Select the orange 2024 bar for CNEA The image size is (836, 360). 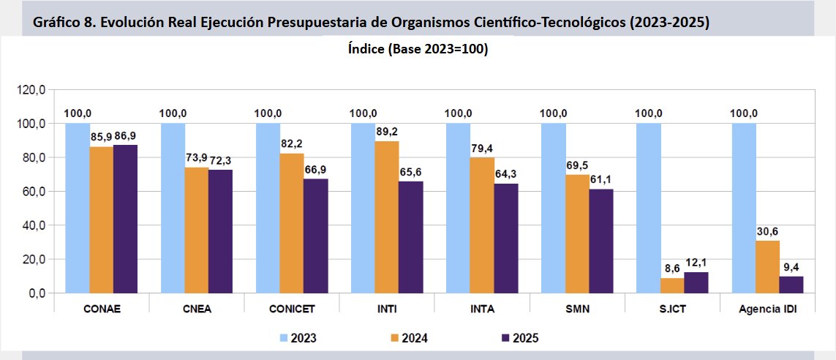pyautogui.click(x=196, y=230)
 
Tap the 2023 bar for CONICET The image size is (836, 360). pyautogui.click(x=268, y=208)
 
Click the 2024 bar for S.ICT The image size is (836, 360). pyautogui.click(x=672, y=285)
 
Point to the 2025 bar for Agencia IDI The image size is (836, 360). pyautogui.click(x=791, y=285)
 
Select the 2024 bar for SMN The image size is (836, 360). pyautogui.click(x=577, y=233)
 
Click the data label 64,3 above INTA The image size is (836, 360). pyautogui.click(x=506, y=173)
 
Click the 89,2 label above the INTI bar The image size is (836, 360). pyautogui.click(x=387, y=131)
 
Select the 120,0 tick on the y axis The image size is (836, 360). pyautogui.click(x=32, y=90)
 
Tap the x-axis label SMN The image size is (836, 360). pyautogui.click(x=577, y=309)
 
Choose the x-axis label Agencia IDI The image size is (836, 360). pyautogui.click(x=767, y=309)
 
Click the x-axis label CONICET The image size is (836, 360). pyautogui.click(x=292, y=309)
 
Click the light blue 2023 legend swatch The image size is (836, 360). pyautogui.click(x=283, y=338)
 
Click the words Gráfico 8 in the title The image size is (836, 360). pyautogui.click(x=64, y=22)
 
